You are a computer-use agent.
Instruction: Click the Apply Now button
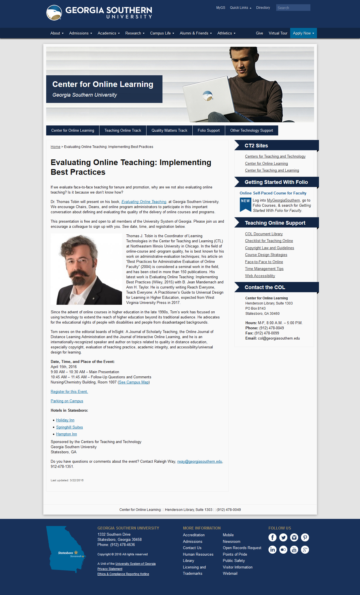click(303, 33)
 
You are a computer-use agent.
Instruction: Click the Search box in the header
click(293, 8)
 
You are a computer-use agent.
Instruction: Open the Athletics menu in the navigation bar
click(226, 33)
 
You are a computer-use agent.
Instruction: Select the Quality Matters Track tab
click(169, 130)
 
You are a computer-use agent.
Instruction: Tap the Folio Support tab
click(209, 130)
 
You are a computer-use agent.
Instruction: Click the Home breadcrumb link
click(55, 147)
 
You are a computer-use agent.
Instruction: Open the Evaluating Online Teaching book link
click(144, 202)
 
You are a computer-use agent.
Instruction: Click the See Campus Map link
click(134, 382)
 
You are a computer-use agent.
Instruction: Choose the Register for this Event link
click(69, 391)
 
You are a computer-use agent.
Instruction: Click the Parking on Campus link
click(67, 401)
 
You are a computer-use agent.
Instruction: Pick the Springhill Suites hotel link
click(70, 427)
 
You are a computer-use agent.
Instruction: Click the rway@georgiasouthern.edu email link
click(200, 461)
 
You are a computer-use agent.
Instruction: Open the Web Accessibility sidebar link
click(260, 276)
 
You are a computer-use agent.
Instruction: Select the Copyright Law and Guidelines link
click(269, 248)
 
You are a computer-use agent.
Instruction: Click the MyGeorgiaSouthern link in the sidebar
click(283, 200)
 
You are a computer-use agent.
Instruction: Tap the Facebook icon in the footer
click(272, 537)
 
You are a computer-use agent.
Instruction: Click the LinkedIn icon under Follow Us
click(272, 550)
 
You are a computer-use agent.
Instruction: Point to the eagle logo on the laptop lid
click(208, 96)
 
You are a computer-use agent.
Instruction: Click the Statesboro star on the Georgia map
click(76, 553)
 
